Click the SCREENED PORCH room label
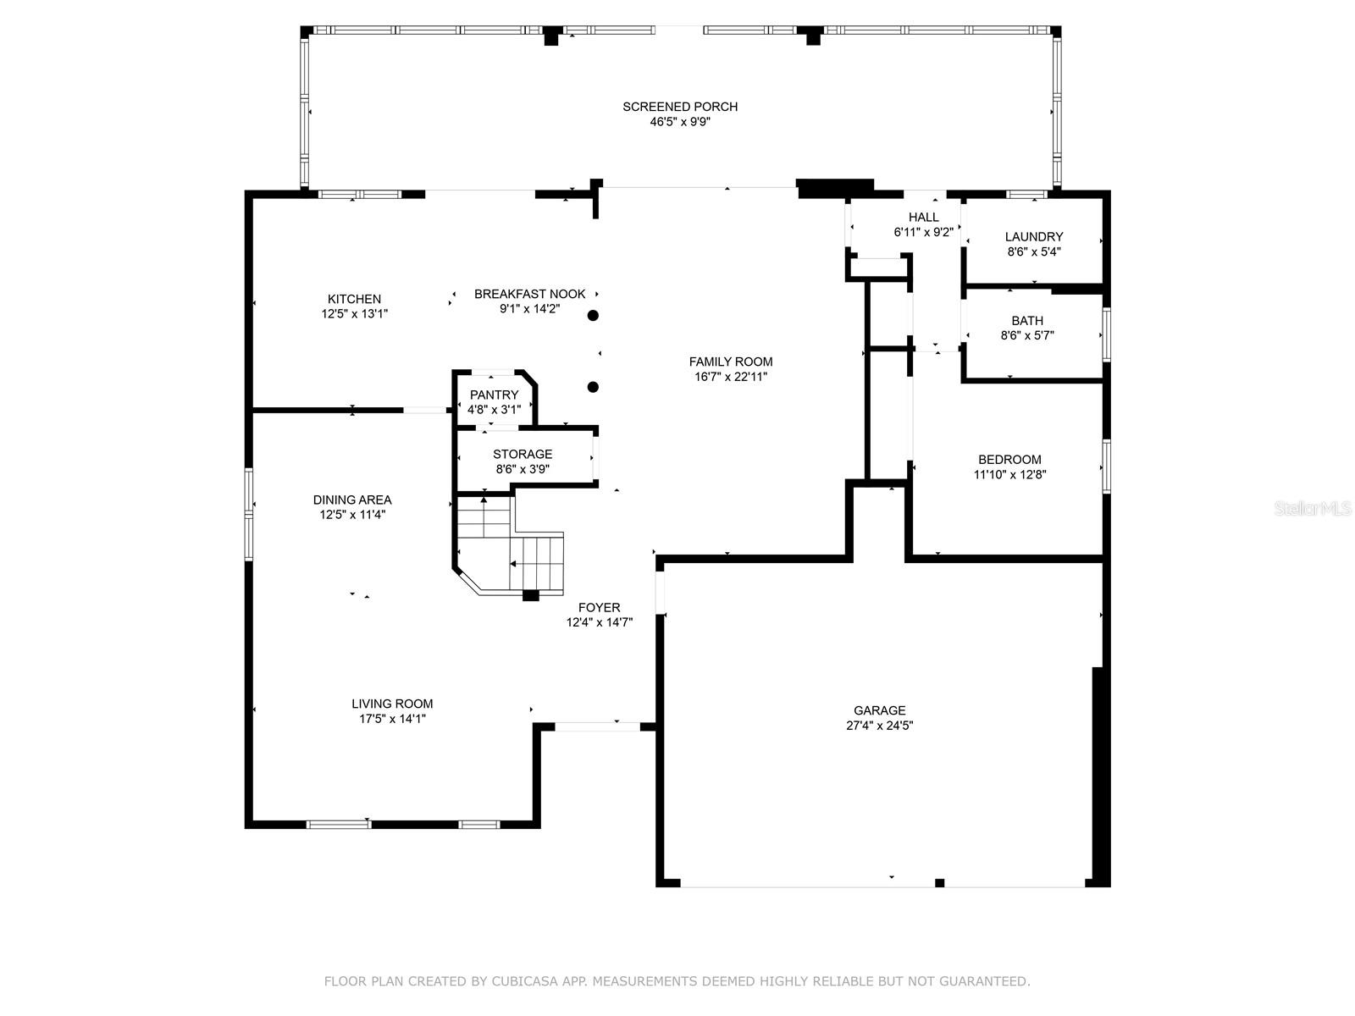680,107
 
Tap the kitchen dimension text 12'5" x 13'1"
354,313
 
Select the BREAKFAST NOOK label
529,294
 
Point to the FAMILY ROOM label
731,362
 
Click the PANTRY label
494,395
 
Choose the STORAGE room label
523,454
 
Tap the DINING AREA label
352,500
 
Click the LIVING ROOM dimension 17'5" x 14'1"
393,719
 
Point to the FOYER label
600,608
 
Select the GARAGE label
880,710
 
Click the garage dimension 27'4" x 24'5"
880,726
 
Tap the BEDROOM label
1010,460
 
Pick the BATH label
1027,321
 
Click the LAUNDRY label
1034,237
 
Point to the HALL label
923,217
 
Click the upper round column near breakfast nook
593,316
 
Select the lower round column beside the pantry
593,388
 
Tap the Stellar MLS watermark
1313,508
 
